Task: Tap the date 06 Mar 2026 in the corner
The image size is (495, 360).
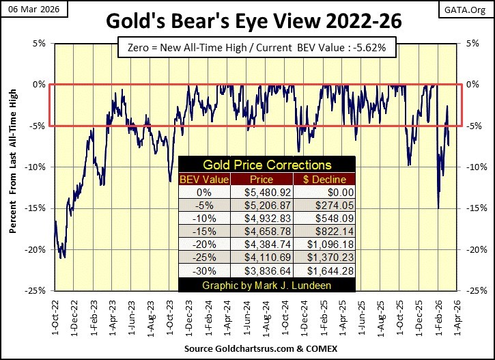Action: coord(27,8)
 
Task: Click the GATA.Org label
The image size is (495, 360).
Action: coord(471,8)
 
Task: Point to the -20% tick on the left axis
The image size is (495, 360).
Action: coord(38,249)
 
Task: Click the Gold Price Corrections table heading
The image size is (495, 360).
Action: coord(266,165)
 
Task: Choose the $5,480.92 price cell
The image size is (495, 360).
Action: coord(253,193)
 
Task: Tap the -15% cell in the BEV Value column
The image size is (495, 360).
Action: coord(203,231)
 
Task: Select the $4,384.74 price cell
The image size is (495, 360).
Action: coord(253,244)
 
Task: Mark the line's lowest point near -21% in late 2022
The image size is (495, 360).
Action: coord(63,258)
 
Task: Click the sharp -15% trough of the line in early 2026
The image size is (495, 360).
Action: coord(438,208)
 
